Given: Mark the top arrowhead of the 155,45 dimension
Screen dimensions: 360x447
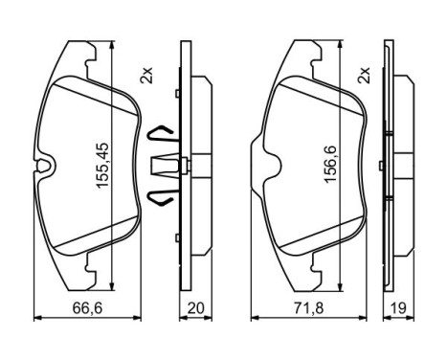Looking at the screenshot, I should (x=115, y=45).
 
